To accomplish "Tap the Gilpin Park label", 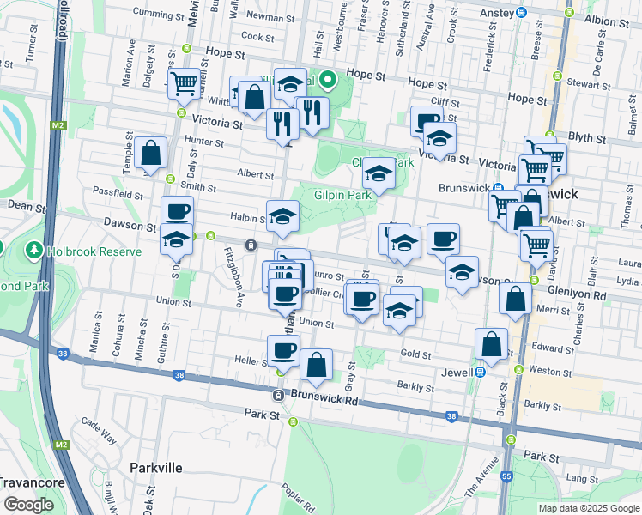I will click(x=342, y=195).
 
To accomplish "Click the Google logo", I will click(x=28, y=505).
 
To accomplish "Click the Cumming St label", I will click(x=159, y=15).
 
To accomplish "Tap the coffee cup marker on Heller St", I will click(x=282, y=349).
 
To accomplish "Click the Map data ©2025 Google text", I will click(x=589, y=508).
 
